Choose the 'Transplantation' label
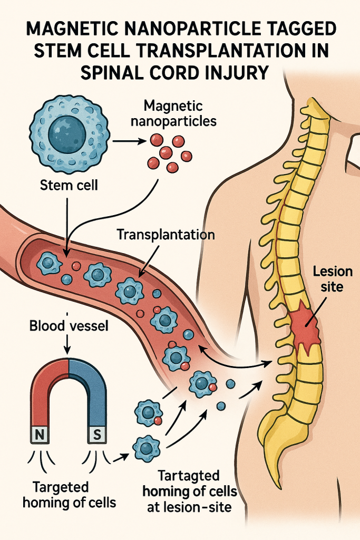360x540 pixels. click(166, 235)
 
